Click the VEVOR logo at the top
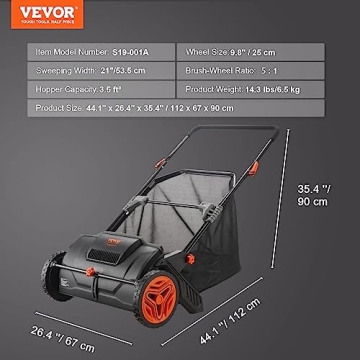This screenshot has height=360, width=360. coord(36,13)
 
